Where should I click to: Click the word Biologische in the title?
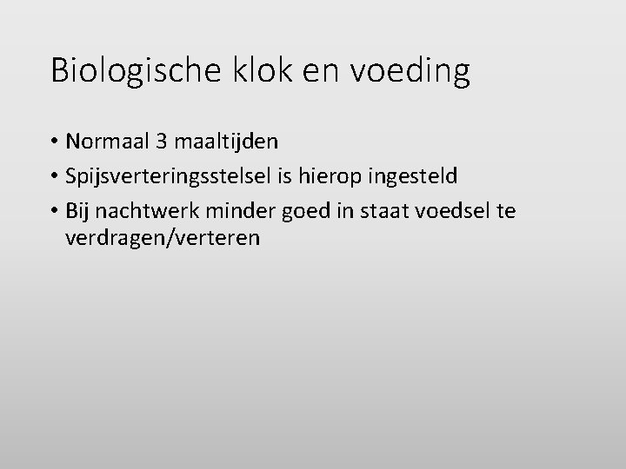(x=133, y=70)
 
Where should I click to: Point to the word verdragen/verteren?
(x=162, y=238)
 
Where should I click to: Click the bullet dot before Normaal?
(x=56, y=141)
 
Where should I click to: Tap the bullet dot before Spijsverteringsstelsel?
(x=56, y=177)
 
